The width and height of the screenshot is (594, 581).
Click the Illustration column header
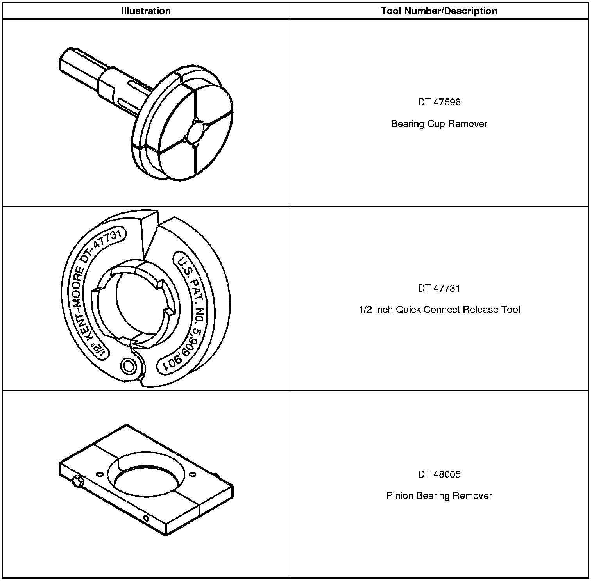(x=146, y=11)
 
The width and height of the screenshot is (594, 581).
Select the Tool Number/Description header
(x=439, y=11)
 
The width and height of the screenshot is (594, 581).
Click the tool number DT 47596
(x=439, y=102)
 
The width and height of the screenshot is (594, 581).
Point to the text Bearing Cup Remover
(x=439, y=124)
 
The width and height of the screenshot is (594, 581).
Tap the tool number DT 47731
(x=439, y=288)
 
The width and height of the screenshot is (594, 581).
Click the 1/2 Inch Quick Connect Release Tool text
(x=439, y=310)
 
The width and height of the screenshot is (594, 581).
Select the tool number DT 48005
(x=439, y=474)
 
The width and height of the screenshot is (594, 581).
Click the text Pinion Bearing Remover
(x=439, y=496)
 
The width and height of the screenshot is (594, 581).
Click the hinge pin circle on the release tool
(x=129, y=366)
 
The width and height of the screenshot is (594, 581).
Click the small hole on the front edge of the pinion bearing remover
(x=146, y=519)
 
